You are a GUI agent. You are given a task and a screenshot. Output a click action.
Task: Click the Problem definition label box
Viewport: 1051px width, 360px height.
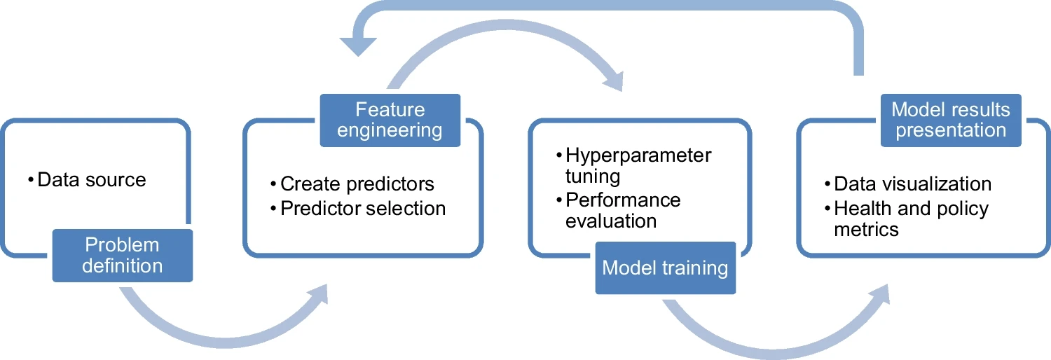pos(123,256)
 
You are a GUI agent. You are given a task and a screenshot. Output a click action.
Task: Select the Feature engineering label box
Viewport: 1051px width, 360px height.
pos(390,120)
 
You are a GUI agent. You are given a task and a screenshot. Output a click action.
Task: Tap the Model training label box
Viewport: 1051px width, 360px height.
pos(665,268)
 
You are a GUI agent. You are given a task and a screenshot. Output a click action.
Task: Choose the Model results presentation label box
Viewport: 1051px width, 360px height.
pos(951,120)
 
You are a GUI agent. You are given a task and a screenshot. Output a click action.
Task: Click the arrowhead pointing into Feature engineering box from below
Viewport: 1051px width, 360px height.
pos(319,295)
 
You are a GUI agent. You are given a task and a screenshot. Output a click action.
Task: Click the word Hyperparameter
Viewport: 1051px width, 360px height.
pos(638,155)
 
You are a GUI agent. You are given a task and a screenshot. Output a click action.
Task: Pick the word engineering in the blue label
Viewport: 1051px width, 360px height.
pos(390,130)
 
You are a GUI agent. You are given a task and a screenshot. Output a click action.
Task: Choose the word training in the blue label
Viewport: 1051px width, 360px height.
pos(697,268)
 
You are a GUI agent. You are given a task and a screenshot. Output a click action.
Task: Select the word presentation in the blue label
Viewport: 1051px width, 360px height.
pos(951,130)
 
